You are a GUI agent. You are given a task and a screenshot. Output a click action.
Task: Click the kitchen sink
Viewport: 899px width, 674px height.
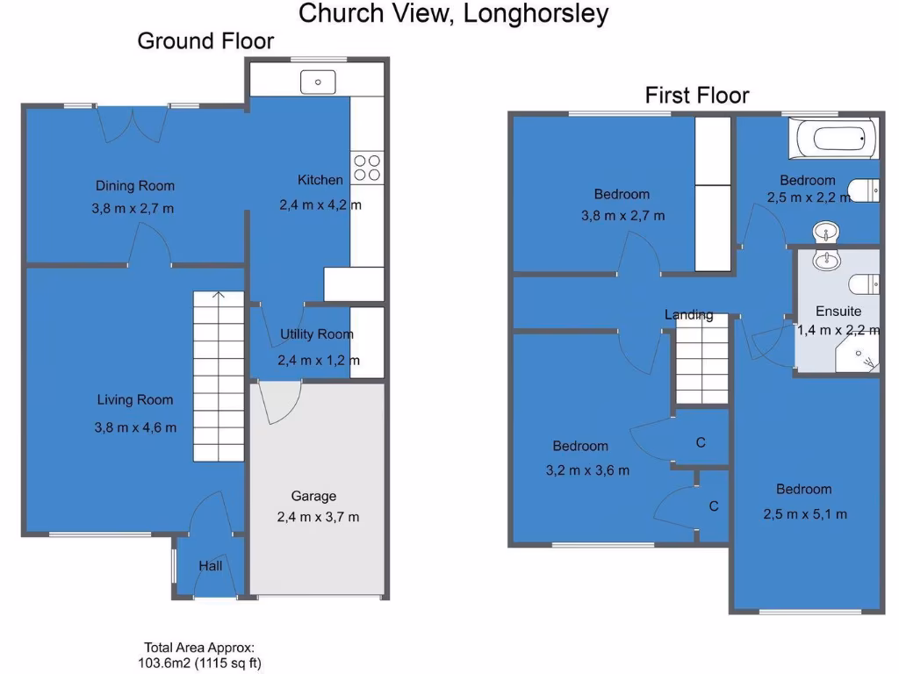point(317,82)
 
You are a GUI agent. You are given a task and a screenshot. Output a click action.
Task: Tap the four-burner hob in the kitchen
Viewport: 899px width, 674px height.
point(367,168)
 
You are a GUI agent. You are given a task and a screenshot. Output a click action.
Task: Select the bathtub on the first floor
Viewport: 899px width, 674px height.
point(832,139)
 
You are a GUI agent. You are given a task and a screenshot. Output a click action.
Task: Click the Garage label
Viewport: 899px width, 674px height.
point(314,496)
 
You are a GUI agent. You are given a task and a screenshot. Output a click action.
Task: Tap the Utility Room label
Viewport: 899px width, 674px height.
point(317,333)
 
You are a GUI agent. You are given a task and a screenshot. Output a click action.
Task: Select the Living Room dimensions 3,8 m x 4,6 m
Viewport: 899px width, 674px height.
point(135,427)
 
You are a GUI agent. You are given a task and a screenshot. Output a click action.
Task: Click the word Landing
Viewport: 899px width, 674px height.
point(688,314)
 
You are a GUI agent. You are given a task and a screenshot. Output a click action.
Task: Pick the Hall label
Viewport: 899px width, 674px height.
point(210,567)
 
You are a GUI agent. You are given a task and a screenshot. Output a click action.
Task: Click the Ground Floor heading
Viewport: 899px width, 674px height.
point(205,41)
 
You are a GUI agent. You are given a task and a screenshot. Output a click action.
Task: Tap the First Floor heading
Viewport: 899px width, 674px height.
point(697,95)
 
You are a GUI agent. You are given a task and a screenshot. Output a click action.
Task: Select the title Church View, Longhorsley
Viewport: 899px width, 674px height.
point(453,14)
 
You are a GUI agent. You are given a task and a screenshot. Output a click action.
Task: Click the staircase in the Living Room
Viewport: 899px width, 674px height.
point(218,377)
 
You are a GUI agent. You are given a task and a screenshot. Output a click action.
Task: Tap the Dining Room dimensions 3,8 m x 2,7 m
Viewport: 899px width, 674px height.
point(135,209)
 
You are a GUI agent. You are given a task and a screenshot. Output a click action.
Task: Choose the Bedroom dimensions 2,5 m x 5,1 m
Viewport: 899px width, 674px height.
point(805,514)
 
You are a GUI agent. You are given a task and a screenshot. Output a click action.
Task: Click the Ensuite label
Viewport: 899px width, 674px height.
point(838,311)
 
